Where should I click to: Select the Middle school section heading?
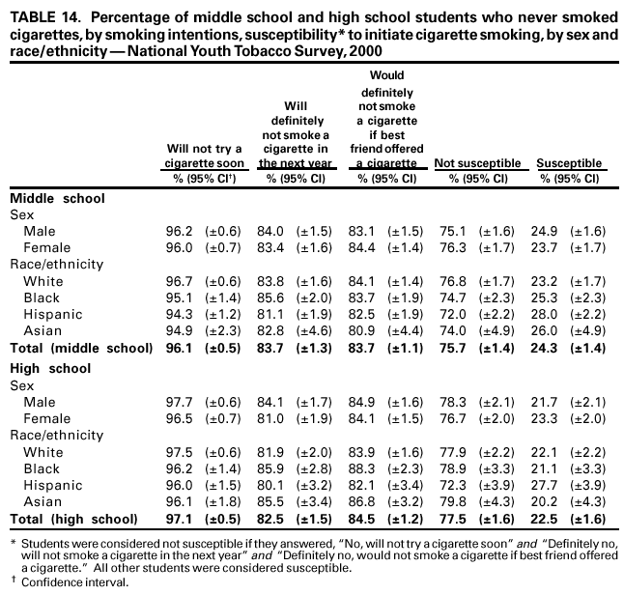click(57, 198)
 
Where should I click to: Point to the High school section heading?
click(50, 369)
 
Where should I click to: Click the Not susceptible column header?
click(478, 164)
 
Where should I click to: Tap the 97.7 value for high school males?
click(179, 403)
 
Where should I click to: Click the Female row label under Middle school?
click(44, 248)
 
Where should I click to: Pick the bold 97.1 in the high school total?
click(179, 519)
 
